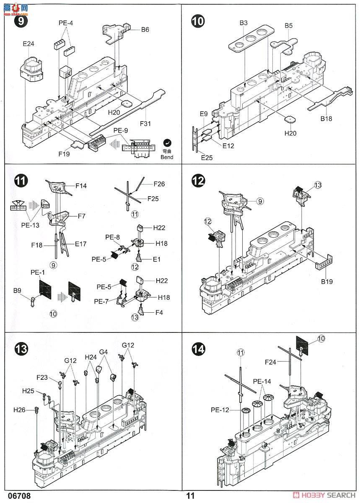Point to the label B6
[x=145, y=29]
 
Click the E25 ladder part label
[x=207, y=157]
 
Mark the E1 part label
[x=156, y=259]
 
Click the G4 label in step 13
[x=104, y=352]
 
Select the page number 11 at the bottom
[x=191, y=495]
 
